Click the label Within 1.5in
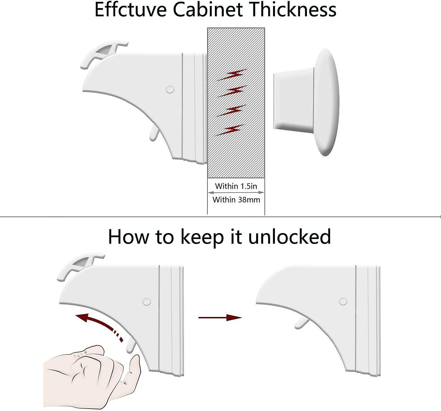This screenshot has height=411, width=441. click(236, 186)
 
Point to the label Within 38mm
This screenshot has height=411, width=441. click(236, 200)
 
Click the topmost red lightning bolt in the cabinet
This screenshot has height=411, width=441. click(232, 75)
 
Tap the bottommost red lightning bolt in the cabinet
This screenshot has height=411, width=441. click(231, 130)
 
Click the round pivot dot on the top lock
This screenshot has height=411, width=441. click(170, 89)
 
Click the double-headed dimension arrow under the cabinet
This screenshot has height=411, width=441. click(236, 193)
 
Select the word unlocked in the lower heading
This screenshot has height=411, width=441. click(290, 237)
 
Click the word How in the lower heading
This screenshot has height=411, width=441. click(128, 237)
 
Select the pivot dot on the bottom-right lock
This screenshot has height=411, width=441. click(343, 301)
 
